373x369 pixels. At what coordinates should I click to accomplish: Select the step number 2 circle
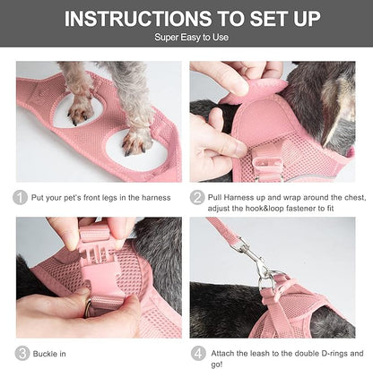pos(197,198)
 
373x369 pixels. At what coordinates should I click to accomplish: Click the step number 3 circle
pos(21,352)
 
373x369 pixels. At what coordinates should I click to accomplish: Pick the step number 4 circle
pos(197,352)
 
